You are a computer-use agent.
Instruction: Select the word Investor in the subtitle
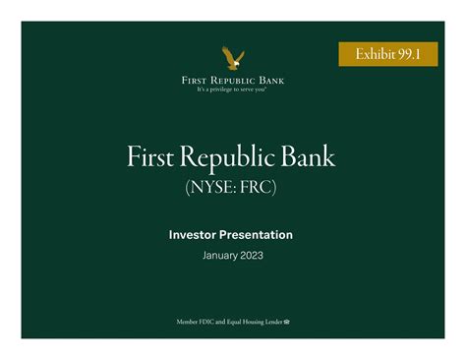[x=199, y=234]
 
